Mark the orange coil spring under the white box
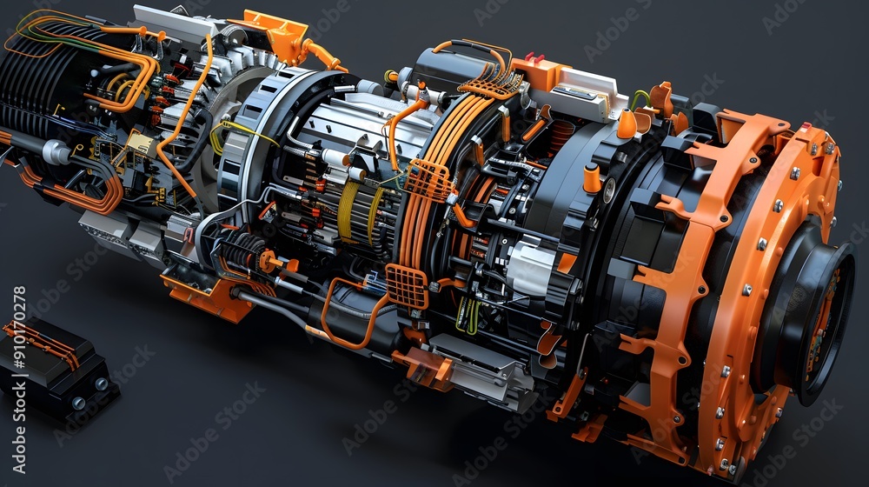(x=561, y=137)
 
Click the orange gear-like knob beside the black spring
(x=268, y=260)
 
